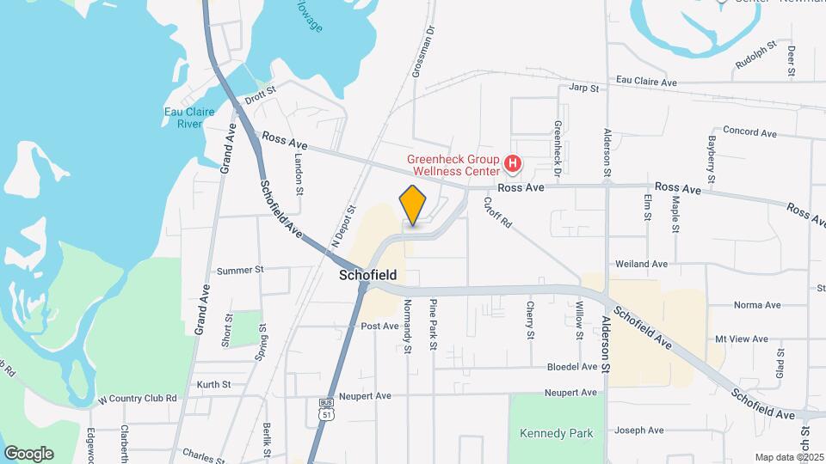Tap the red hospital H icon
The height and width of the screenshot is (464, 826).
(x=513, y=162)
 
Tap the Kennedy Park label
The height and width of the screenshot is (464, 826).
(x=557, y=433)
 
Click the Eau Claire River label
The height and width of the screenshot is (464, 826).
(x=183, y=118)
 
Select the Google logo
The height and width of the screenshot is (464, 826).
(x=28, y=453)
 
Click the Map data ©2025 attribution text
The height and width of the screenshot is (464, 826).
(x=789, y=457)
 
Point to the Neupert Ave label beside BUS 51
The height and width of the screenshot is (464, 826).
(x=365, y=396)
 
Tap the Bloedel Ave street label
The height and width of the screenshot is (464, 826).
(x=572, y=367)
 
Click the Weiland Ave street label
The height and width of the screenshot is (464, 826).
(x=642, y=264)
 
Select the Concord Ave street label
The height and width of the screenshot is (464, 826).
(x=749, y=133)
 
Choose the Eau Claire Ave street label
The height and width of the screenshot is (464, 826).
(x=646, y=82)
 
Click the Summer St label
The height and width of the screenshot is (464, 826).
(x=240, y=271)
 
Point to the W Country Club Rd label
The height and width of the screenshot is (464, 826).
(x=137, y=399)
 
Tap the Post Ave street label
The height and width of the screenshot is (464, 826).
(x=379, y=327)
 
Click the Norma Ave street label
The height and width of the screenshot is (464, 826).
(x=756, y=305)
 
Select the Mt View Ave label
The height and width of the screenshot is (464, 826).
(x=741, y=339)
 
